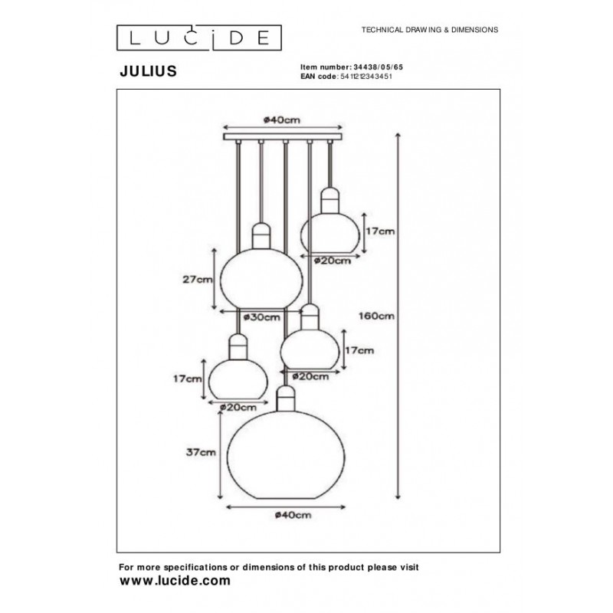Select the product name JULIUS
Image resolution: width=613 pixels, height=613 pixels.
point(149,70)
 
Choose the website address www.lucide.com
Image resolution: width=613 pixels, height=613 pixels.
point(175,581)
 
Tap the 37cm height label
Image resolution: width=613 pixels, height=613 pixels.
point(202,453)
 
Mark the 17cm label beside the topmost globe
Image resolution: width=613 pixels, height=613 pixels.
point(380,231)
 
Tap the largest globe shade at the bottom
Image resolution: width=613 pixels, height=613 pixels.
point(285,455)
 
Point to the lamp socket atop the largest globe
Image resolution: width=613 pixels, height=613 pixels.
point(286,398)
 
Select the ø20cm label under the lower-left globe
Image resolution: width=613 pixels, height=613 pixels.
point(236,408)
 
